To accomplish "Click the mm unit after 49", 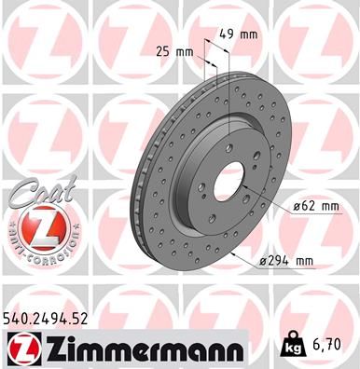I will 249,34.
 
